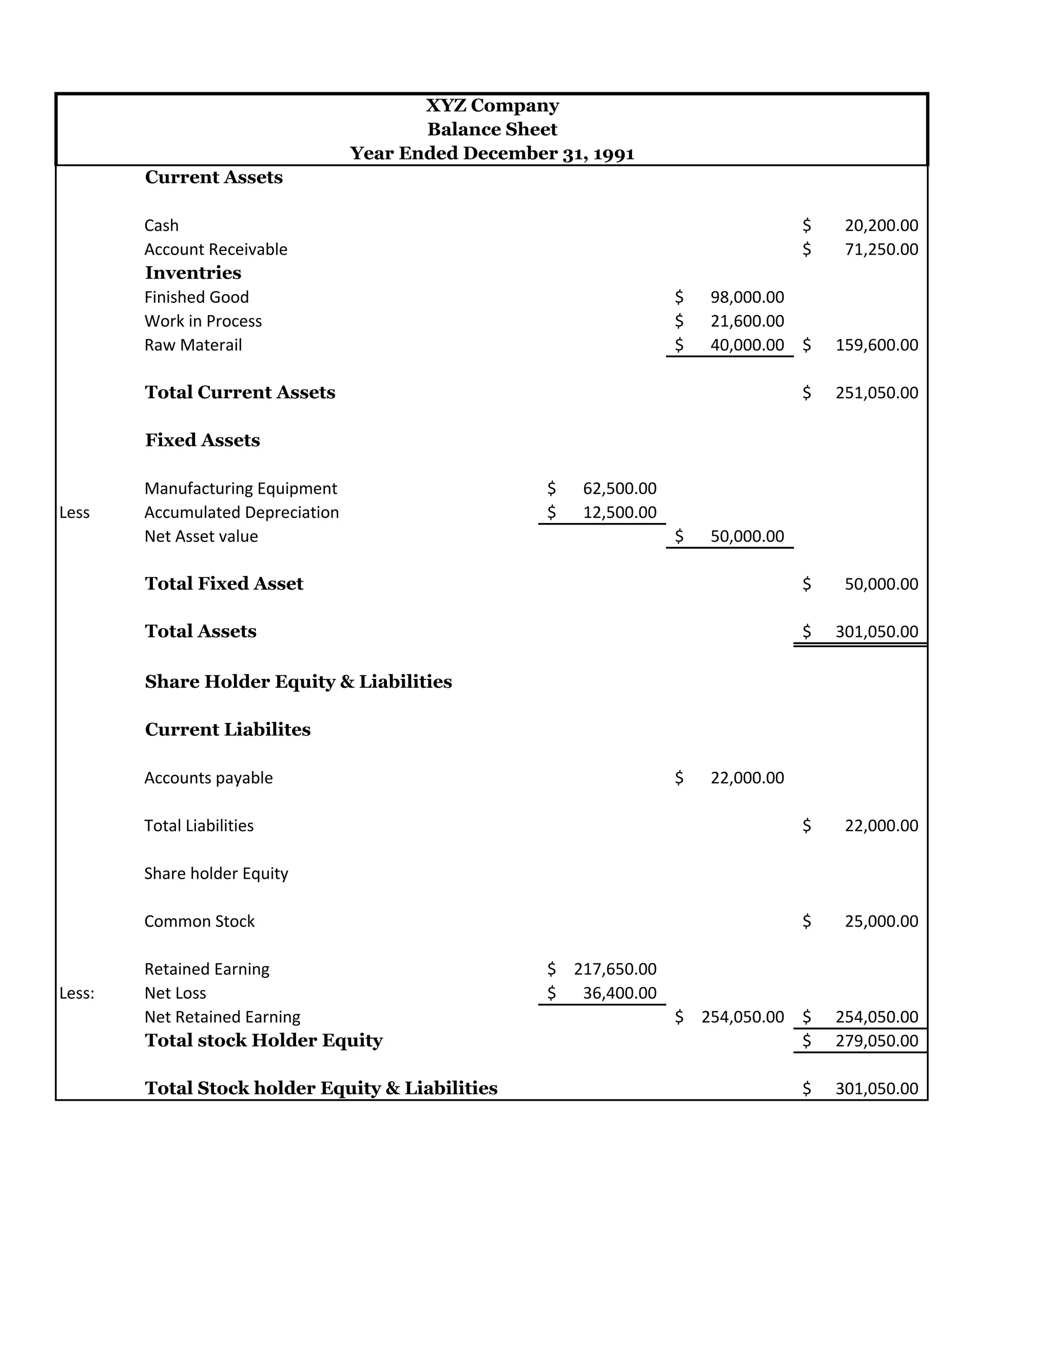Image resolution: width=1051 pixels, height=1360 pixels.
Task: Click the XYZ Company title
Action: coord(492,105)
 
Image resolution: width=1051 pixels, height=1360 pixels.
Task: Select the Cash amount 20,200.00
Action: coord(881,225)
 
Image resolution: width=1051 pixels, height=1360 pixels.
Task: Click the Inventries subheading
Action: coord(193,273)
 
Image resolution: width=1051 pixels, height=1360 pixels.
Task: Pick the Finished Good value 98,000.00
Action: coord(747,297)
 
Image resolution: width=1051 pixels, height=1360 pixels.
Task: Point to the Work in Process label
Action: coord(203,321)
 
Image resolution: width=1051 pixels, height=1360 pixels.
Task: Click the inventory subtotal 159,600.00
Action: coord(876,345)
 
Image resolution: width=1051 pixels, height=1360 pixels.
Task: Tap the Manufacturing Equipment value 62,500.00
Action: coord(619,488)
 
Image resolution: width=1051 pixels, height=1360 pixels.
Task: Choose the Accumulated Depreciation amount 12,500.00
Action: coord(619,513)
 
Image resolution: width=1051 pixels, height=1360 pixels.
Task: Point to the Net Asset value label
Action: coord(201,536)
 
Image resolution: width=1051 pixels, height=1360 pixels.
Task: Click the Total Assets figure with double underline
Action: coord(876,631)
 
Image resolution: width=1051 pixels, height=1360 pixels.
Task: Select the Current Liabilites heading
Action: coord(227,729)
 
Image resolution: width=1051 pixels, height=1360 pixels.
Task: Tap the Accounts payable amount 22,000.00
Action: coord(747,778)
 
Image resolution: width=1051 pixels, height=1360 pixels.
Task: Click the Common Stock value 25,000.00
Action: coord(881,921)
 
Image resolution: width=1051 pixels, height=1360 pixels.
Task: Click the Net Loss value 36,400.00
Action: coord(619,993)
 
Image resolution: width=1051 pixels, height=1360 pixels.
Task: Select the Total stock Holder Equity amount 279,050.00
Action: coord(876,1041)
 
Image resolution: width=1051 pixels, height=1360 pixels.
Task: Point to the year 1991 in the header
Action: coord(613,154)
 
